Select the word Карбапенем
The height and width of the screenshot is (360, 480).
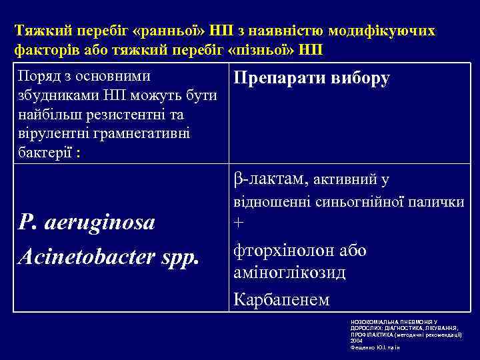click(x=281, y=299)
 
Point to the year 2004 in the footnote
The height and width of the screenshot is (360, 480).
click(x=357, y=340)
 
